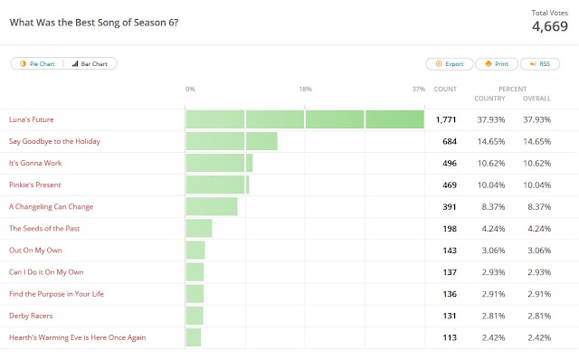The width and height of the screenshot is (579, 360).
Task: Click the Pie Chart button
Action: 37,63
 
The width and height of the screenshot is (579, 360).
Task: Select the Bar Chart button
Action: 90,63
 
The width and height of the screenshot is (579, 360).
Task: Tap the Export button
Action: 450,64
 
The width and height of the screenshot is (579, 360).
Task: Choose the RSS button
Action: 540,64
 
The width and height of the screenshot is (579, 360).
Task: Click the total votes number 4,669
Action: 550,26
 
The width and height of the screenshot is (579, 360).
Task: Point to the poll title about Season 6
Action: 94,23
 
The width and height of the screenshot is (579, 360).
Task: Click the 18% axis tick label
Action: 306,89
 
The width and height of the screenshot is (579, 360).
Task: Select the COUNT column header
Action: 445,89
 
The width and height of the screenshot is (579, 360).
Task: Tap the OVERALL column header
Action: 536,99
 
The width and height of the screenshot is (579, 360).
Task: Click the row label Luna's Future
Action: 32,119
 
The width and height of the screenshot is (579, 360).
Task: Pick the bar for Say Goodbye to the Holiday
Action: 232,141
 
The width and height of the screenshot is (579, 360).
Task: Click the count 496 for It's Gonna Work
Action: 450,163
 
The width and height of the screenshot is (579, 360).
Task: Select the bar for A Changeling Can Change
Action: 212,207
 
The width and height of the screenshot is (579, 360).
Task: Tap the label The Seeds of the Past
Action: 44,229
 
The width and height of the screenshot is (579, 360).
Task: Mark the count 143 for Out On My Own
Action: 450,251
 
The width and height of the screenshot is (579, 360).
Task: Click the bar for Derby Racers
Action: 195,316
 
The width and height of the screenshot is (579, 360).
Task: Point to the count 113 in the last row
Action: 450,337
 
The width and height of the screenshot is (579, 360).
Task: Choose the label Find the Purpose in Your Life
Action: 56,294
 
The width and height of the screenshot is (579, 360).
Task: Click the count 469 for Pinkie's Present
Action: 450,185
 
